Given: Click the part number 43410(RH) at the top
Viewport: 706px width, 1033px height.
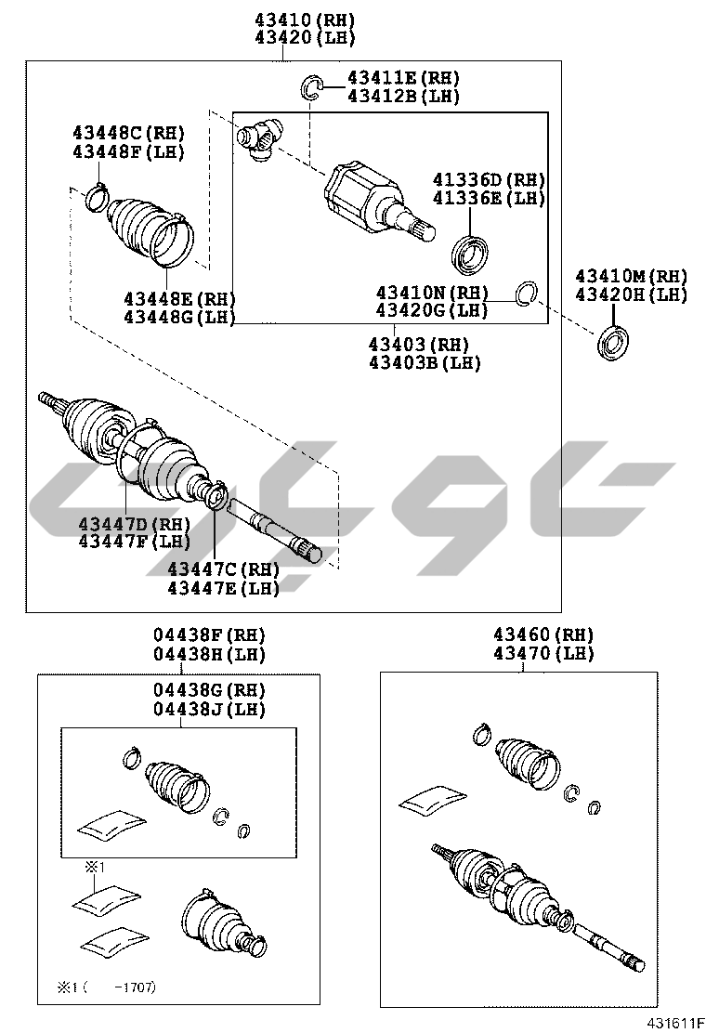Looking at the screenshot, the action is point(305,20).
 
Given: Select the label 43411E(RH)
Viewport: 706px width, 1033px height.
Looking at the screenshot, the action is point(403,78).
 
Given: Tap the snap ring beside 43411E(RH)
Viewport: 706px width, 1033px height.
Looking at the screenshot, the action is point(311,87).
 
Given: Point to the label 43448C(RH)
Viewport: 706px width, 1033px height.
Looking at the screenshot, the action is point(128,133).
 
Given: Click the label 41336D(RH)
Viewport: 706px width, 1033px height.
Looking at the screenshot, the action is point(489,180).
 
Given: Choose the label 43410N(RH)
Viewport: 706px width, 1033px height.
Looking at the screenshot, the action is point(432,292).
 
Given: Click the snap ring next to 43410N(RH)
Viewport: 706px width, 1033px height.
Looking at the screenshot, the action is point(526,294).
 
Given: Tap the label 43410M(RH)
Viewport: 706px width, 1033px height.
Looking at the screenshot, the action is point(631,276).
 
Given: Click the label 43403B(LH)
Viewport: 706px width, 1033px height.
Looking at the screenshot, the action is point(425,363).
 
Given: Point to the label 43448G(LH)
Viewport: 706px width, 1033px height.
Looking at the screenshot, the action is point(179,318).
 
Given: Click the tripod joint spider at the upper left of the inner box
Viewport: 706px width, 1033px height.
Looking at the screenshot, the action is point(259,137).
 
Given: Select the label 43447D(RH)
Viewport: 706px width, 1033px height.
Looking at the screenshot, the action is point(135,525).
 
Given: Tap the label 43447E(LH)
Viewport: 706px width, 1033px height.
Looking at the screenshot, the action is point(223,588).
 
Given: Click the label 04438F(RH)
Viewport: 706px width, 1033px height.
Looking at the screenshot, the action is point(209,635).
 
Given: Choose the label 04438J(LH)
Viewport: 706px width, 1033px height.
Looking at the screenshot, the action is point(209,710).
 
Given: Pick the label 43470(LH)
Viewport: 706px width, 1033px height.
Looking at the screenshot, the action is point(544,654).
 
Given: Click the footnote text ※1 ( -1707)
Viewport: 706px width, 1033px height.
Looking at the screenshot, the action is point(106,987).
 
